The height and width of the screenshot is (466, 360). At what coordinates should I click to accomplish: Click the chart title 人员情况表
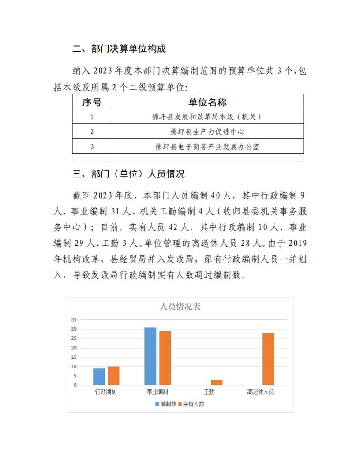[180, 306]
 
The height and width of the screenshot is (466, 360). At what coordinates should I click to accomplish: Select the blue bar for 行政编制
[99, 376]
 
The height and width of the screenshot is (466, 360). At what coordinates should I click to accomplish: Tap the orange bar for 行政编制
[113, 376]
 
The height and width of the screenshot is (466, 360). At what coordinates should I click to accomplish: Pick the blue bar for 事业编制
[150, 356]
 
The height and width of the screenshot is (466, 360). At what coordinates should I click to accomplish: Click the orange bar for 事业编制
[165, 358]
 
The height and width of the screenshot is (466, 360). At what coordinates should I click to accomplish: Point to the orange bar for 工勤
[217, 382]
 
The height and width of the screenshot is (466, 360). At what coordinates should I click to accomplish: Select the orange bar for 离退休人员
[268, 359]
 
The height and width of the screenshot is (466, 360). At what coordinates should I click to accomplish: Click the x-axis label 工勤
[209, 392]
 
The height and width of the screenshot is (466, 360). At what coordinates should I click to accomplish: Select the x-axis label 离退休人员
[261, 392]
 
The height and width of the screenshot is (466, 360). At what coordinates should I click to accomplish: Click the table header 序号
[92, 102]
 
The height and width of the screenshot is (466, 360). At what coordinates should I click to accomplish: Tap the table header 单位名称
[207, 102]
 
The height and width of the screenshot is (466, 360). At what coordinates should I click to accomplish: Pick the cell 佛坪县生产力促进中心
[207, 132]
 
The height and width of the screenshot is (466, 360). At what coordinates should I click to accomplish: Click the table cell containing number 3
[92, 147]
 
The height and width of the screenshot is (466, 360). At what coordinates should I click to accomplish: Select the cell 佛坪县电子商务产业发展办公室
[207, 147]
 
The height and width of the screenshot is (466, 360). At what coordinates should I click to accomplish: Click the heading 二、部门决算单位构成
[119, 49]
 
